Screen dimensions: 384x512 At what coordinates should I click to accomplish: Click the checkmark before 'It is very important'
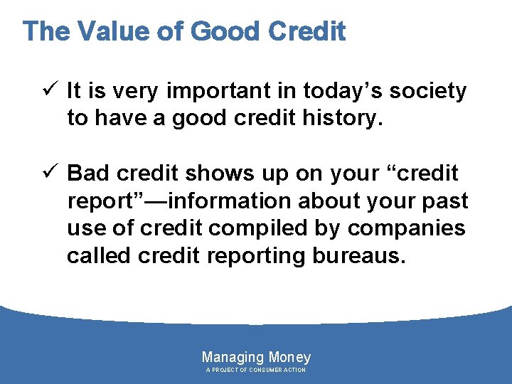pyautogui.click(x=50, y=91)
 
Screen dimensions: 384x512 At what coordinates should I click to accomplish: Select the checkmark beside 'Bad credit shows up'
pyautogui.click(x=50, y=174)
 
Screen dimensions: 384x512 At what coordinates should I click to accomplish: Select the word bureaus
pyautogui.click(x=358, y=256)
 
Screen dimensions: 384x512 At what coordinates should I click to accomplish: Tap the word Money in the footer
pyautogui.click(x=289, y=357)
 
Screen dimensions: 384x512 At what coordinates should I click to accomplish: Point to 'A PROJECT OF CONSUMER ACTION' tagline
pyautogui.click(x=256, y=370)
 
